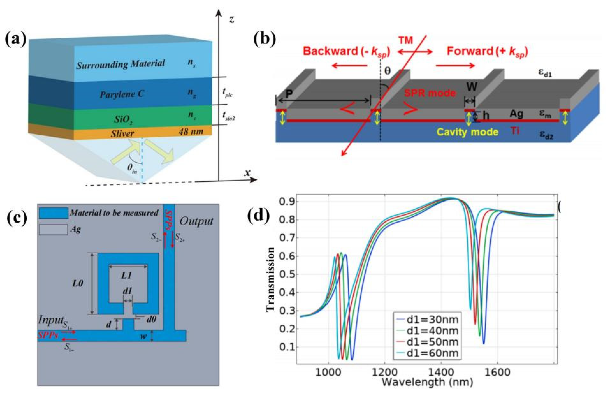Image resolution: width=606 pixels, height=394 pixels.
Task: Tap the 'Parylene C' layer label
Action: [x=122, y=95]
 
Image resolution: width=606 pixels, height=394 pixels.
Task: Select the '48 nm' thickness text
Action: [x=191, y=131]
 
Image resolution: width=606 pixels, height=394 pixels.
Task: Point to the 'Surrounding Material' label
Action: [x=121, y=64]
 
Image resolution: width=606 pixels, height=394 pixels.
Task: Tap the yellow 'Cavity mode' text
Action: [x=467, y=132]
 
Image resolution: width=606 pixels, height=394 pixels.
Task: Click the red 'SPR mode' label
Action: [x=430, y=93]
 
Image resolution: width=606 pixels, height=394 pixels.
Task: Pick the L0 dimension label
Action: [x=77, y=283]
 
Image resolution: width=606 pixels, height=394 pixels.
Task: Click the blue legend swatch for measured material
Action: [x=54, y=213]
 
